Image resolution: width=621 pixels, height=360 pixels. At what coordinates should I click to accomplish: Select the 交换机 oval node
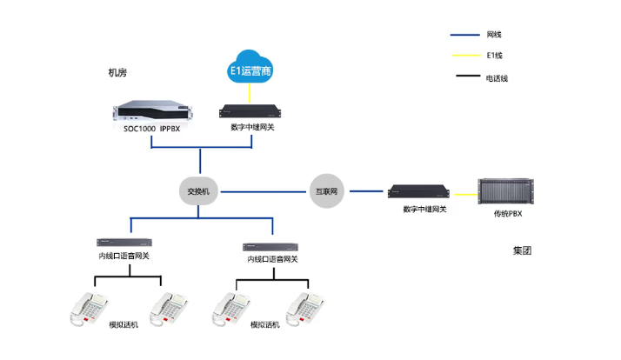coord(199,190)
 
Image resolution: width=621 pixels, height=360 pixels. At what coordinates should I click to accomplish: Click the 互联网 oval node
coord(325,190)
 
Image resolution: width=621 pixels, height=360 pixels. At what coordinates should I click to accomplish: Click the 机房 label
coord(117,73)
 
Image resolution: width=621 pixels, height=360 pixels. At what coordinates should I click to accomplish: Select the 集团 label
coord(521,250)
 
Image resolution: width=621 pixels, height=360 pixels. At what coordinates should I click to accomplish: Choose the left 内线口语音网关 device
coord(124,242)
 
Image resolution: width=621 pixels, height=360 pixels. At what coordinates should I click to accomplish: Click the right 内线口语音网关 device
coord(271,247)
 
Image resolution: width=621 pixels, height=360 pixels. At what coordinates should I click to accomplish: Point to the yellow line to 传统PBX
coord(464,193)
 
